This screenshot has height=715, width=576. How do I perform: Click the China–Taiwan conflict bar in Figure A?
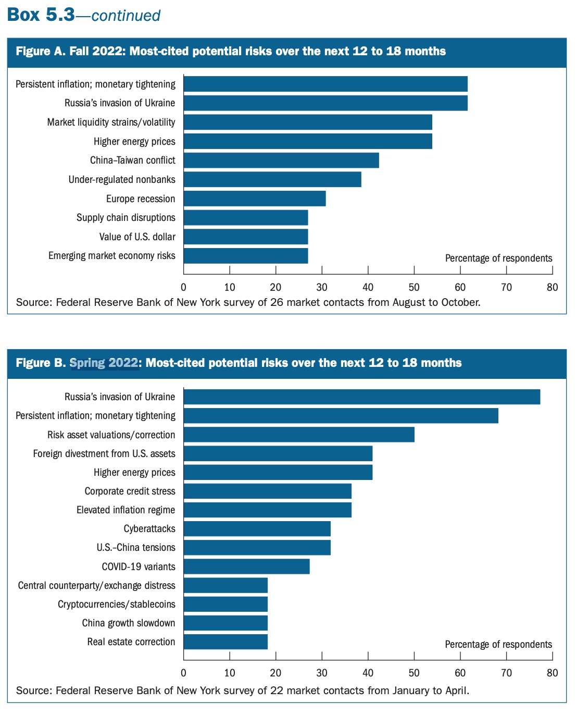pos(281,161)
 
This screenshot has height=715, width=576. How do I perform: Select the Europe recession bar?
pos(255,199)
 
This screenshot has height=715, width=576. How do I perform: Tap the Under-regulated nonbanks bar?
pos(272,179)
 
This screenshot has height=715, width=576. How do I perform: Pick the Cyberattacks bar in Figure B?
pos(257,529)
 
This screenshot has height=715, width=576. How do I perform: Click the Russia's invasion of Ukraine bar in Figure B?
pos(362,397)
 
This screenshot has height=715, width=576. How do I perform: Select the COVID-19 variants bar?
pos(247,566)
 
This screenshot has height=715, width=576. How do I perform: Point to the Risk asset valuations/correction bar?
pos(299,435)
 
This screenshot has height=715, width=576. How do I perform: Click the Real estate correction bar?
pos(226,642)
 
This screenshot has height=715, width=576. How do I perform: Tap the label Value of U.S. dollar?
pos(137,237)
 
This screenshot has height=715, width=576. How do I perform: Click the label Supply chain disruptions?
pos(126,218)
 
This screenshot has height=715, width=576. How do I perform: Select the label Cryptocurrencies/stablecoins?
pos(117,605)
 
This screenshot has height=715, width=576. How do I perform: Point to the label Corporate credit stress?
pos(130,491)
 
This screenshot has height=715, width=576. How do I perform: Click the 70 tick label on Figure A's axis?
pos(506,287)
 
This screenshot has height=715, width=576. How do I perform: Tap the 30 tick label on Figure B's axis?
pos(322,673)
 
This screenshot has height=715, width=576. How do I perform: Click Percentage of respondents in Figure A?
pos(498,258)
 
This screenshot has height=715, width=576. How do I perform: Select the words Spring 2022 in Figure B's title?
pos(104,363)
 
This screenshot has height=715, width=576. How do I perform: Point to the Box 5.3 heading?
pos(41,15)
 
